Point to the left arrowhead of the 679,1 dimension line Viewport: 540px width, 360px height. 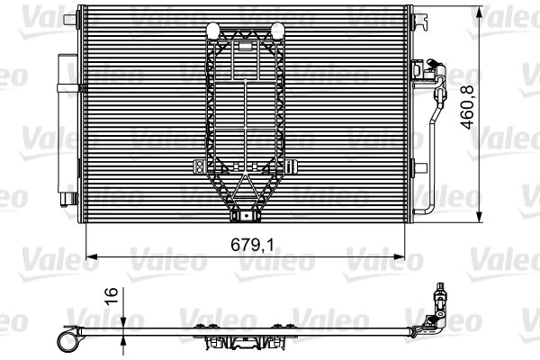(89, 256)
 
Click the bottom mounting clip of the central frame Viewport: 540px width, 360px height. (244, 215)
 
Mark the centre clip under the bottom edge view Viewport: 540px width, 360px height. (244, 343)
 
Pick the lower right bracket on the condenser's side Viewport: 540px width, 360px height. (418, 166)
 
